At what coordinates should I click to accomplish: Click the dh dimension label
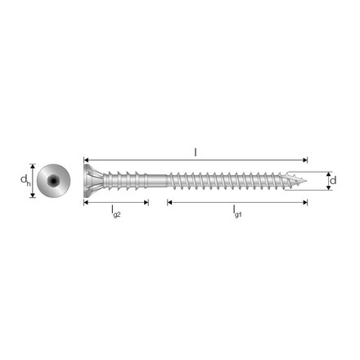coord(25,180)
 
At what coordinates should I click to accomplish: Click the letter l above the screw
coord(196,152)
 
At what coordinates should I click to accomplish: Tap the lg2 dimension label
coord(116,212)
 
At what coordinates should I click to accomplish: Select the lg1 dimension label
coord(237,212)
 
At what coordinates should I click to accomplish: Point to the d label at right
coord(333,180)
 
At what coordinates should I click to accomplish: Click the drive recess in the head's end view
coord(53,181)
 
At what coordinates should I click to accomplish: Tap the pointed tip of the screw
coord(306,180)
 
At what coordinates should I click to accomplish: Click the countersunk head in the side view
coord(92,181)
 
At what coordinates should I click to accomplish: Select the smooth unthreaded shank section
coord(157,181)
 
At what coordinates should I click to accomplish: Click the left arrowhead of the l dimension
coord(86,160)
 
